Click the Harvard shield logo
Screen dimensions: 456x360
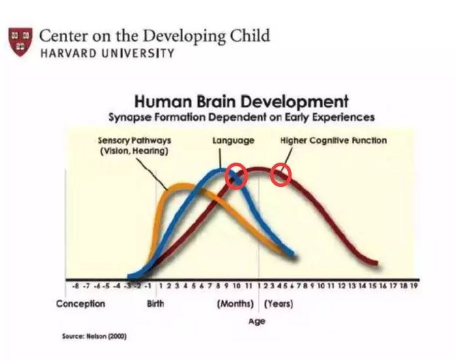pyautogui.click(x=20, y=42)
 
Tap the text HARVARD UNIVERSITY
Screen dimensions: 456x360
pyautogui.click(x=107, y=53)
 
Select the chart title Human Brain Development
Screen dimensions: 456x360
pyautogui.click(x=241, y=102)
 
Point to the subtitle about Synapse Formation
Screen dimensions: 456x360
pyautogui.click(x=242, y=117)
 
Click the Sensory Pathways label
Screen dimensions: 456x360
pyautogui.click(x=134, y=146)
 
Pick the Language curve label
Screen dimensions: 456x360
pyautogui.click(x=233, y=141)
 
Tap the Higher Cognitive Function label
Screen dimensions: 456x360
pyautogui.click(x=334, y=141)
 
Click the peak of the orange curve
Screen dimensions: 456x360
pyautogui.click(x=182, y=186)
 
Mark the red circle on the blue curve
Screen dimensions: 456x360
pyautogui.click(x=236, y=176)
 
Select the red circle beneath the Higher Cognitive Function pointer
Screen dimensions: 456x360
pyautogui.click(x=281, y=174)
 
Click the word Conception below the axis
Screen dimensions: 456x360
pyautogui.click(x=81, y=304)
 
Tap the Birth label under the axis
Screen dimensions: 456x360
pyautogui.click(x=155, y=304)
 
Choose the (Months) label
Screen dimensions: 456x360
pyautogui.click(x=235, y=304)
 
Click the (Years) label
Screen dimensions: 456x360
pyautogui.click(x=279, y=304)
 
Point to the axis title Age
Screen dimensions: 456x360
pyautogui.click(x=257, y=322)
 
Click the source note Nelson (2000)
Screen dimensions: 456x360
pyautogui.click(x=94, y=337)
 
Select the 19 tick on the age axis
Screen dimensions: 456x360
pyautogui.click(x=414, y=286)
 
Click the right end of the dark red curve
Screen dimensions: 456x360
pyautogui.click(x=377, y=263)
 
